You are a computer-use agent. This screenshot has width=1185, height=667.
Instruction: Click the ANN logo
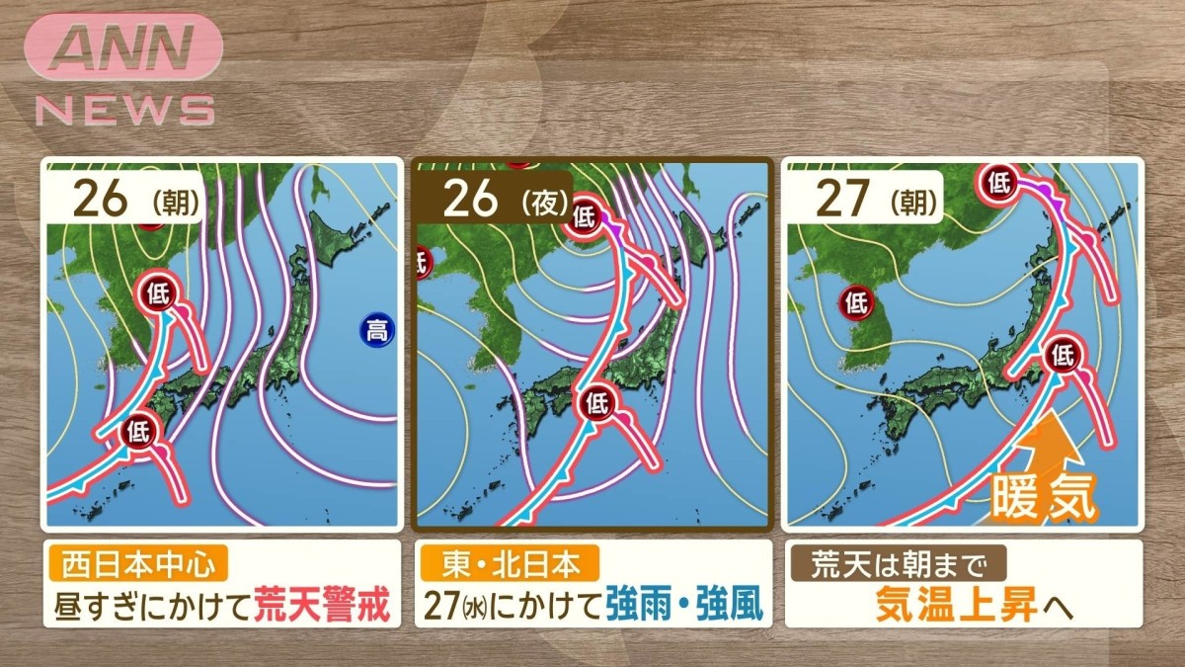pyautogui.click(x=122, y=45)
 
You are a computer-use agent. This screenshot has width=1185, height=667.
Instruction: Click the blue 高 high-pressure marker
pyautogui.click(x=375, y=331)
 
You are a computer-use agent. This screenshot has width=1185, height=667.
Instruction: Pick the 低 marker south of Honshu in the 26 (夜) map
pyautogui.click(x=595, y=402)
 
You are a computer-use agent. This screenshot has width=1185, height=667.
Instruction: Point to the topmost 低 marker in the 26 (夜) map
pyautogui.click(x=584, y=211)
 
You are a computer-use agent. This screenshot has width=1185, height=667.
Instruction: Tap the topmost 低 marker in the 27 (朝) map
pyautogui.click(x=999, y=180)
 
